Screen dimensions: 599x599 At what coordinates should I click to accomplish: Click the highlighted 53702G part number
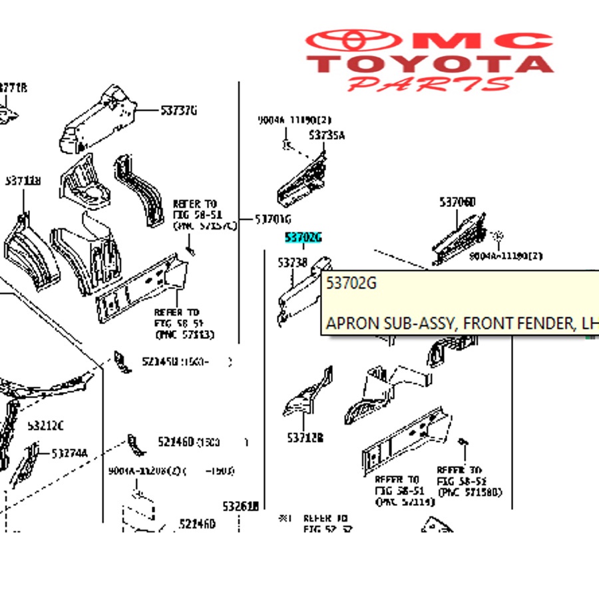[303, 238]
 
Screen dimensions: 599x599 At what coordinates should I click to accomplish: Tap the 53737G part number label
[178, 110]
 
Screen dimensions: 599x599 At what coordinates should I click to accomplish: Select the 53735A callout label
[326, 136]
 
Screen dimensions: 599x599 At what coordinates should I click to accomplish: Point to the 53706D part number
[457, 202]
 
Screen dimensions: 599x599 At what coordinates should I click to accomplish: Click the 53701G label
[274, 220]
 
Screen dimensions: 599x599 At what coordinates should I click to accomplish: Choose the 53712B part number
[305, 438]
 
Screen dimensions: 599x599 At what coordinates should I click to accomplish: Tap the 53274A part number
[69, 454]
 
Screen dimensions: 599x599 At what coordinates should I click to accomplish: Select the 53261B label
[240, 506]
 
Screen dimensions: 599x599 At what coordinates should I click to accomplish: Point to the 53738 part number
[292, 264]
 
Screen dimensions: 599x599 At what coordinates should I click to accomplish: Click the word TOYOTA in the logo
[434, 64]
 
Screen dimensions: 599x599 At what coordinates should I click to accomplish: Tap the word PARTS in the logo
[431, 84]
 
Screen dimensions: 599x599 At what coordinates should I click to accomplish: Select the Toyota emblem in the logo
[349, 41]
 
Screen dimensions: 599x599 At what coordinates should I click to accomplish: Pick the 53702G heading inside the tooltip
[351, 284]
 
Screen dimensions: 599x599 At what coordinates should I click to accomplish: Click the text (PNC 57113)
[184, 334]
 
